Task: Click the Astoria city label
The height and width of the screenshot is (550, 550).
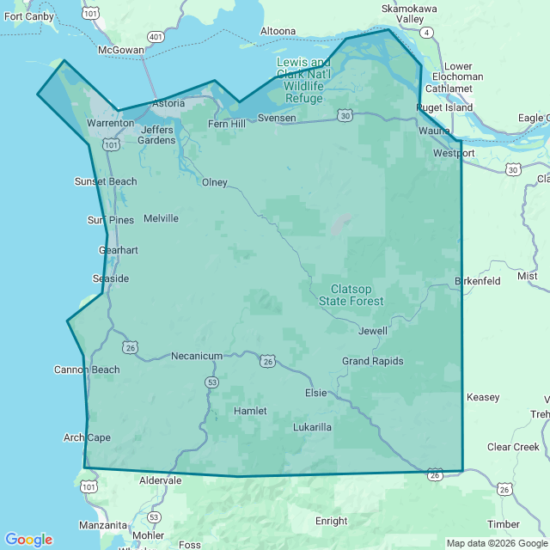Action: tap(168, 104)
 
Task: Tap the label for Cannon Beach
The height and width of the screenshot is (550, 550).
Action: tap(87, 370)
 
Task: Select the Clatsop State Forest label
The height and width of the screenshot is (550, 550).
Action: tap(351, 295)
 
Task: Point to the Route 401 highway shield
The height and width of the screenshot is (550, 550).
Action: tap(156, 37)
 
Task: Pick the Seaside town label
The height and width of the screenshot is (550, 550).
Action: tap(111, 278)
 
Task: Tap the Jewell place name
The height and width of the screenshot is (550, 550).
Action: tap(373, 331)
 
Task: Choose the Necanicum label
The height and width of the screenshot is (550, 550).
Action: tap(197, 356)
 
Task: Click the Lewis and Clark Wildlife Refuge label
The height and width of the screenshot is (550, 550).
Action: tap(303, 80)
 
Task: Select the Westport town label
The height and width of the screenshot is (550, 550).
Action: tap(454, 153)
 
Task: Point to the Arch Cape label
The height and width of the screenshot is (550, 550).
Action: tap(87, 437)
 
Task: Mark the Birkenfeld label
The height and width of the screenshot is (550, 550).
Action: tap(477, 281)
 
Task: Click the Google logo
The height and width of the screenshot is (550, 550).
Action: tap(28, 540)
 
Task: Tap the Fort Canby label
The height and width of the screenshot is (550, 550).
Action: tap(27, 16)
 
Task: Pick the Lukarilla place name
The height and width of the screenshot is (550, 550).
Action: tap(312, 427)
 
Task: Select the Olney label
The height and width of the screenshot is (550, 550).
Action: tap(215, 182)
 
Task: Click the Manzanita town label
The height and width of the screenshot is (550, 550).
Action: tap(103, 524)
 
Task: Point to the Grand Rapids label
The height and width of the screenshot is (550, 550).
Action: tap(372, 361)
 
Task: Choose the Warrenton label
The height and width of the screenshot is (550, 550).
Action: tap(111, 123)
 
